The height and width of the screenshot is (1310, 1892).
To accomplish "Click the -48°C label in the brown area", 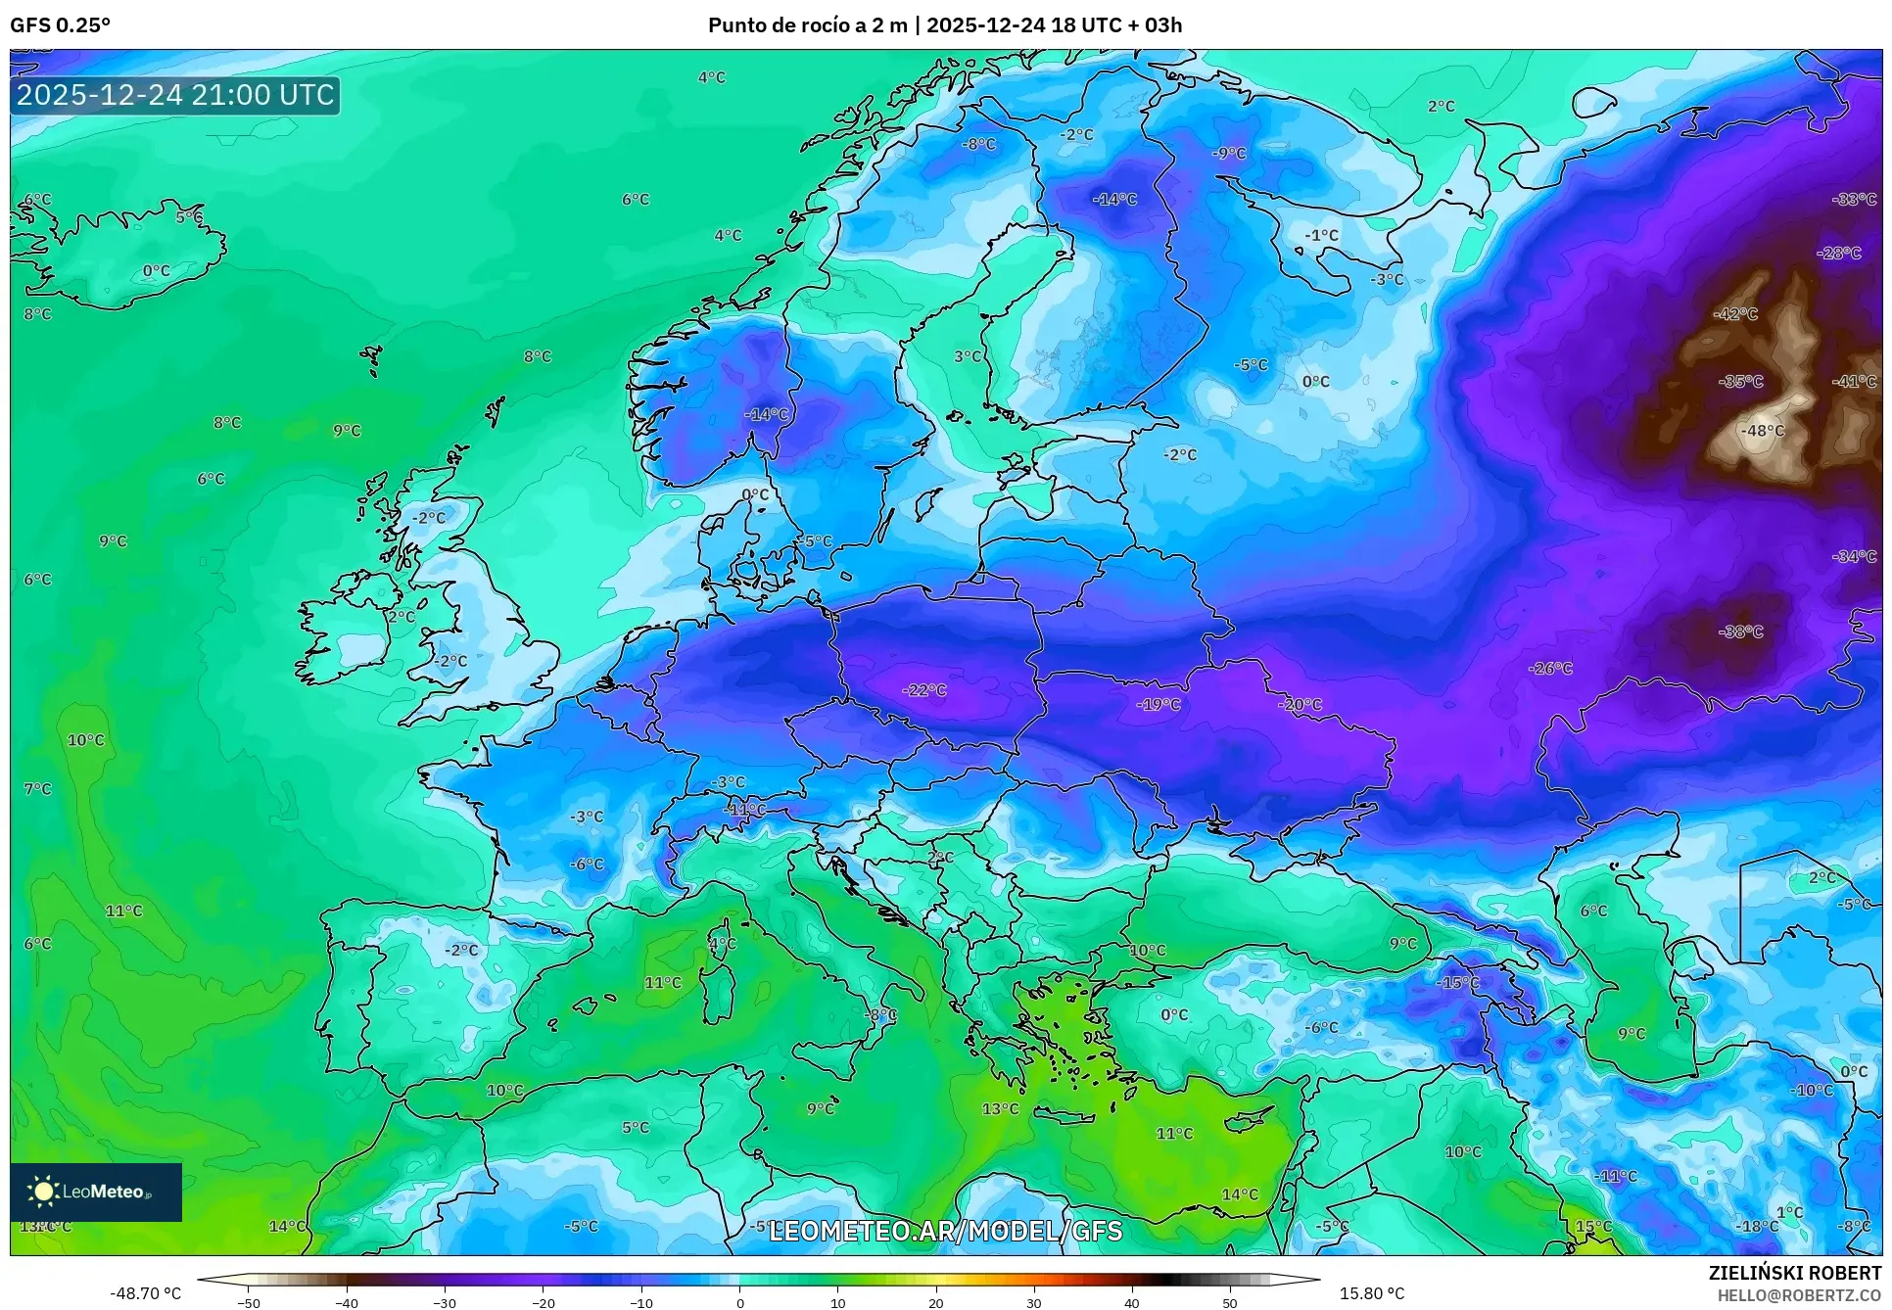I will [x=1762, y=431].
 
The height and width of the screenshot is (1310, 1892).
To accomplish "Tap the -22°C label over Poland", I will [x=923, y=690].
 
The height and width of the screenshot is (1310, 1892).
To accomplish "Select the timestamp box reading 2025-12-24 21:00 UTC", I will [x=175, y=95].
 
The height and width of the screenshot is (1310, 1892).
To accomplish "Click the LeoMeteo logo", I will [x=96, y=1192].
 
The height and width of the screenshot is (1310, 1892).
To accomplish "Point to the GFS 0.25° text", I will [x=60, y=25].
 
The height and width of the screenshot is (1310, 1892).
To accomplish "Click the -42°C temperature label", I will [x=1736, y=314].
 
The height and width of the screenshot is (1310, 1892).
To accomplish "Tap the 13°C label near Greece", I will [x=1000, y=1109].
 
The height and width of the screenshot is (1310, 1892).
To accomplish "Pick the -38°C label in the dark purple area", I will [x=1741, y=632].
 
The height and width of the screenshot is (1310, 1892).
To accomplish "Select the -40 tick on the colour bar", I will [x=347, y=1302].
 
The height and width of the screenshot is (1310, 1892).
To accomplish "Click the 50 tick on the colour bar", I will [x=1230, y=1302].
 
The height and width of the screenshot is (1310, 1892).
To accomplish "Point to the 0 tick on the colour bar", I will [x=739, y=1302].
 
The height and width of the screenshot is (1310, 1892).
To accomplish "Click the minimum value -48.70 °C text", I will [x=145, y=1293].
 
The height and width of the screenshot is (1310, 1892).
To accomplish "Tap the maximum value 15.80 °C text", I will [x=1371, y=1293].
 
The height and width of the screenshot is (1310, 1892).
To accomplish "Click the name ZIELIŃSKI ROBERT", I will [x=1794, y=1273].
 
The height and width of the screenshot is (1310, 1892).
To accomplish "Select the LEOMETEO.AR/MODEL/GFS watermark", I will [x=945, y=1231].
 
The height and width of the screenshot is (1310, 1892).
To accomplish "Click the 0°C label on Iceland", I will [x=156, y=271].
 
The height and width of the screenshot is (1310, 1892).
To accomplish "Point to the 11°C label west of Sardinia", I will [x=662, y=983].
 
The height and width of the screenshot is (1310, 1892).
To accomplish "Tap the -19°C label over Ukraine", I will [x=1159, y=705].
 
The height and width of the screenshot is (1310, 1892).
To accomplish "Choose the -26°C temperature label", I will [x=1550, y=669].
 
